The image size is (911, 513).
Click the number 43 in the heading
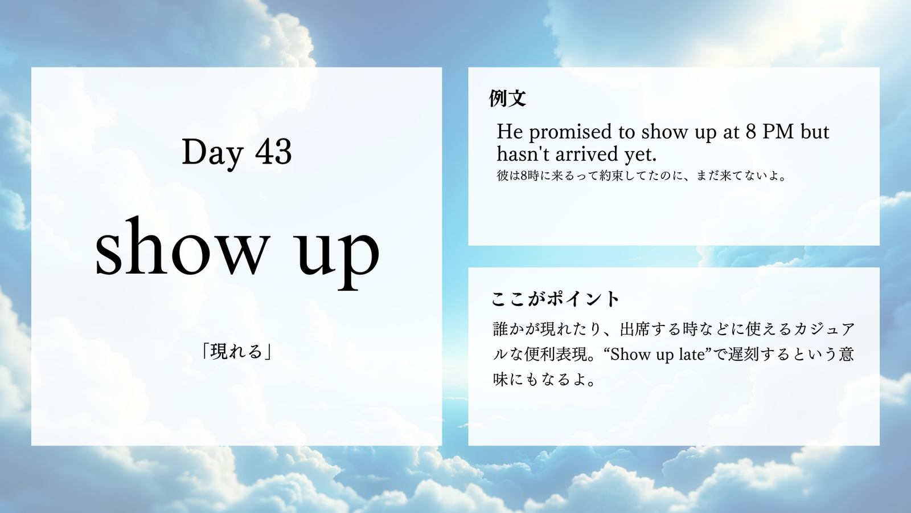273,152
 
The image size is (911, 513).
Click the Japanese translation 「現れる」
237,352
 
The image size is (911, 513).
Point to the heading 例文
507,98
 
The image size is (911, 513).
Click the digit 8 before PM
751,132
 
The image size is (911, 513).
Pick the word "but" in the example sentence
815,132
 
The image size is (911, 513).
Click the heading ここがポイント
555,299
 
